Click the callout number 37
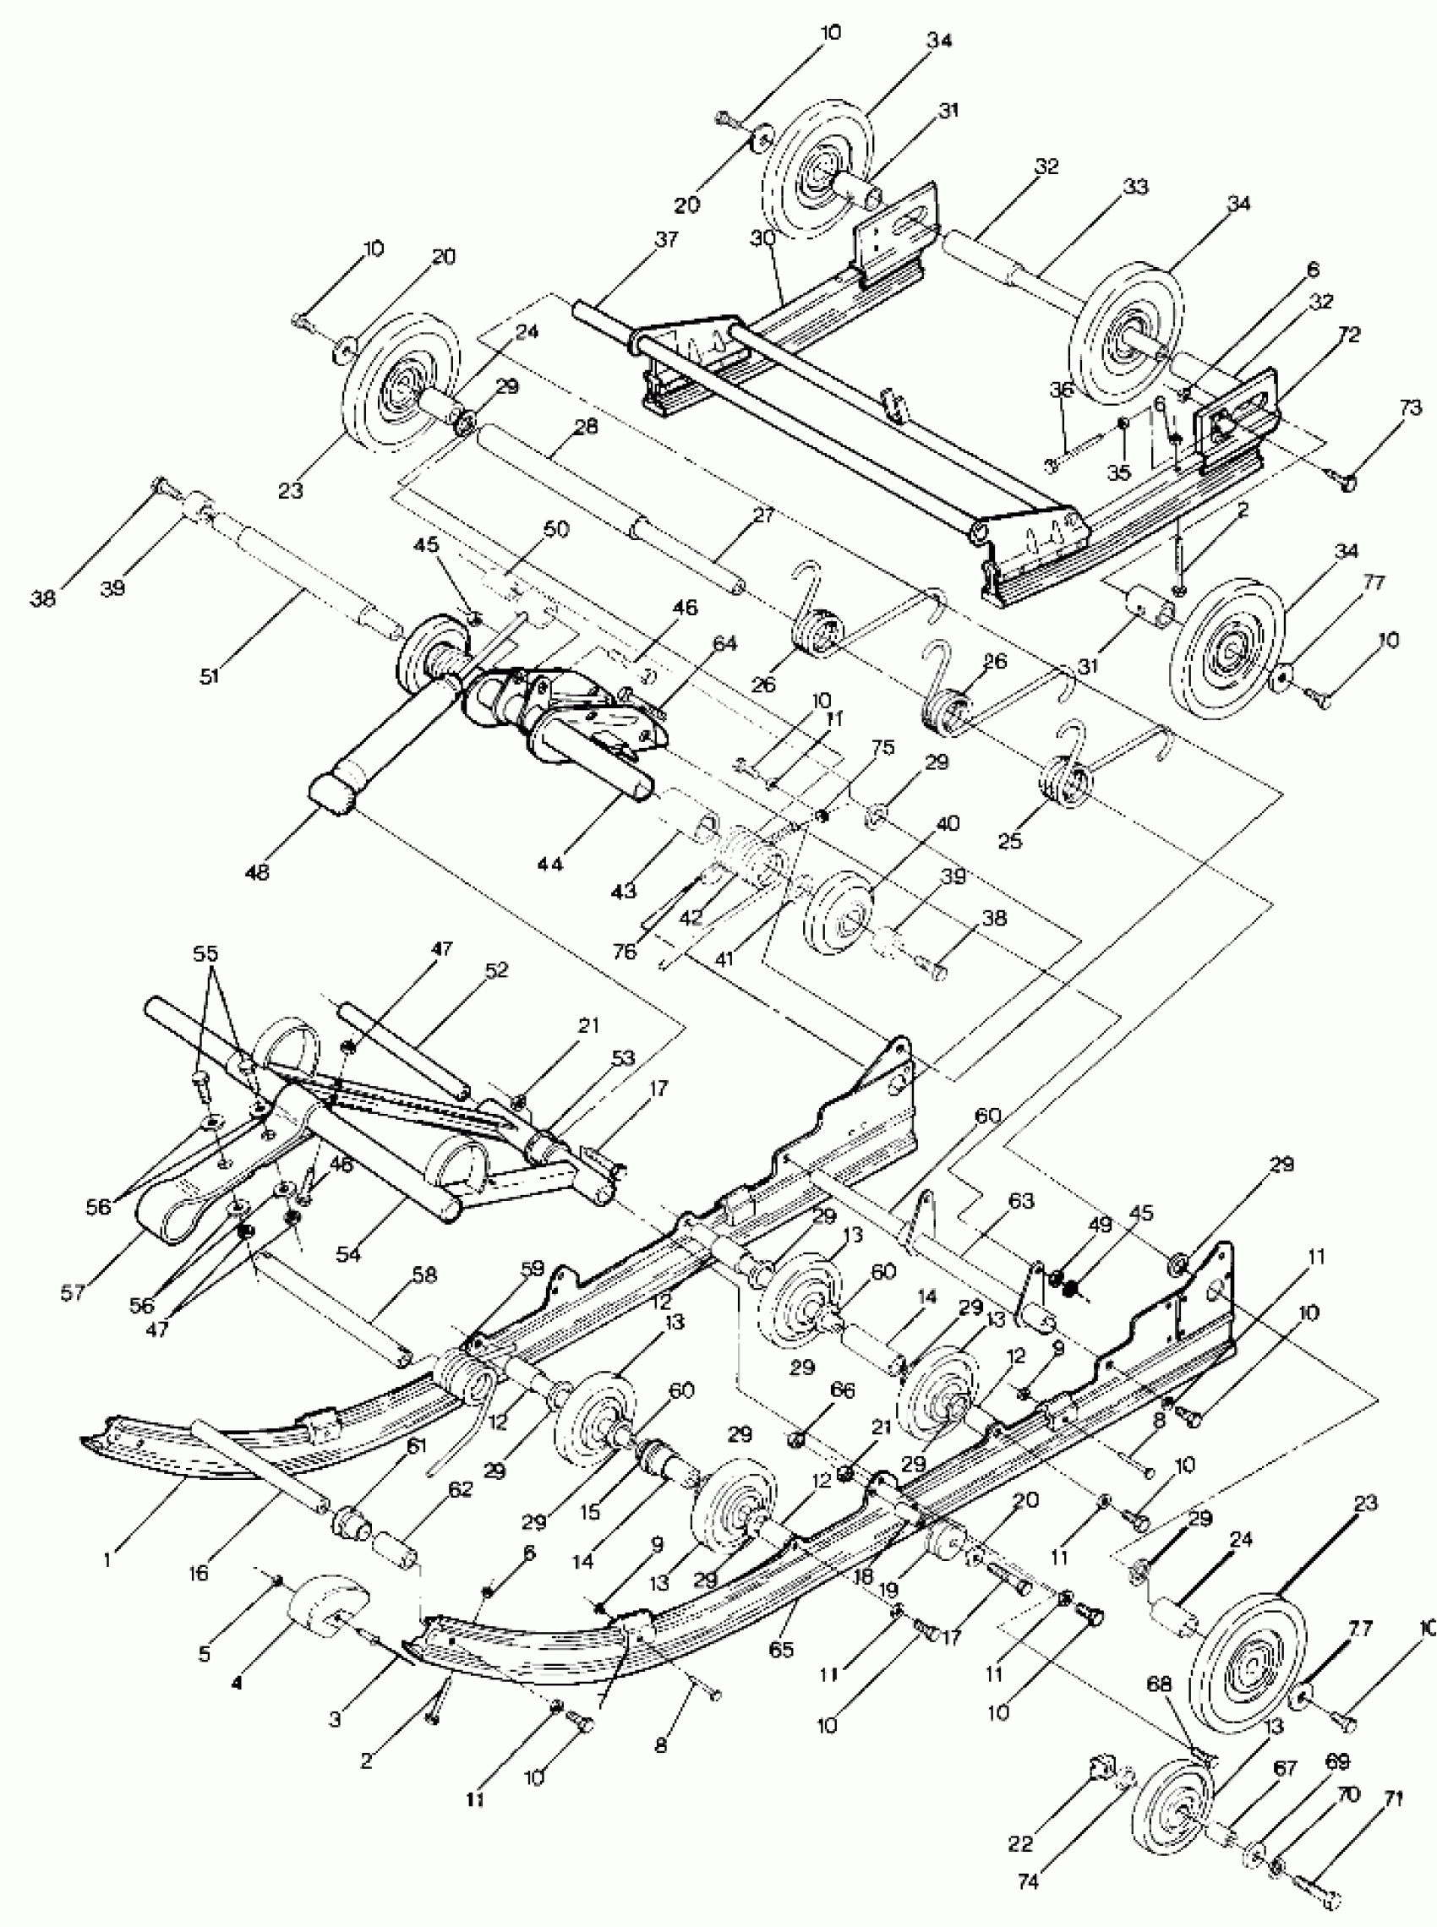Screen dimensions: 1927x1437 665,240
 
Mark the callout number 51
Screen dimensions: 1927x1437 209,674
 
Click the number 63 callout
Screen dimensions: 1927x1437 1020,1201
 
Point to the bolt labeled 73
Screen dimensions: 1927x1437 1342,478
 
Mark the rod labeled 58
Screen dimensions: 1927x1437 333,1306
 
